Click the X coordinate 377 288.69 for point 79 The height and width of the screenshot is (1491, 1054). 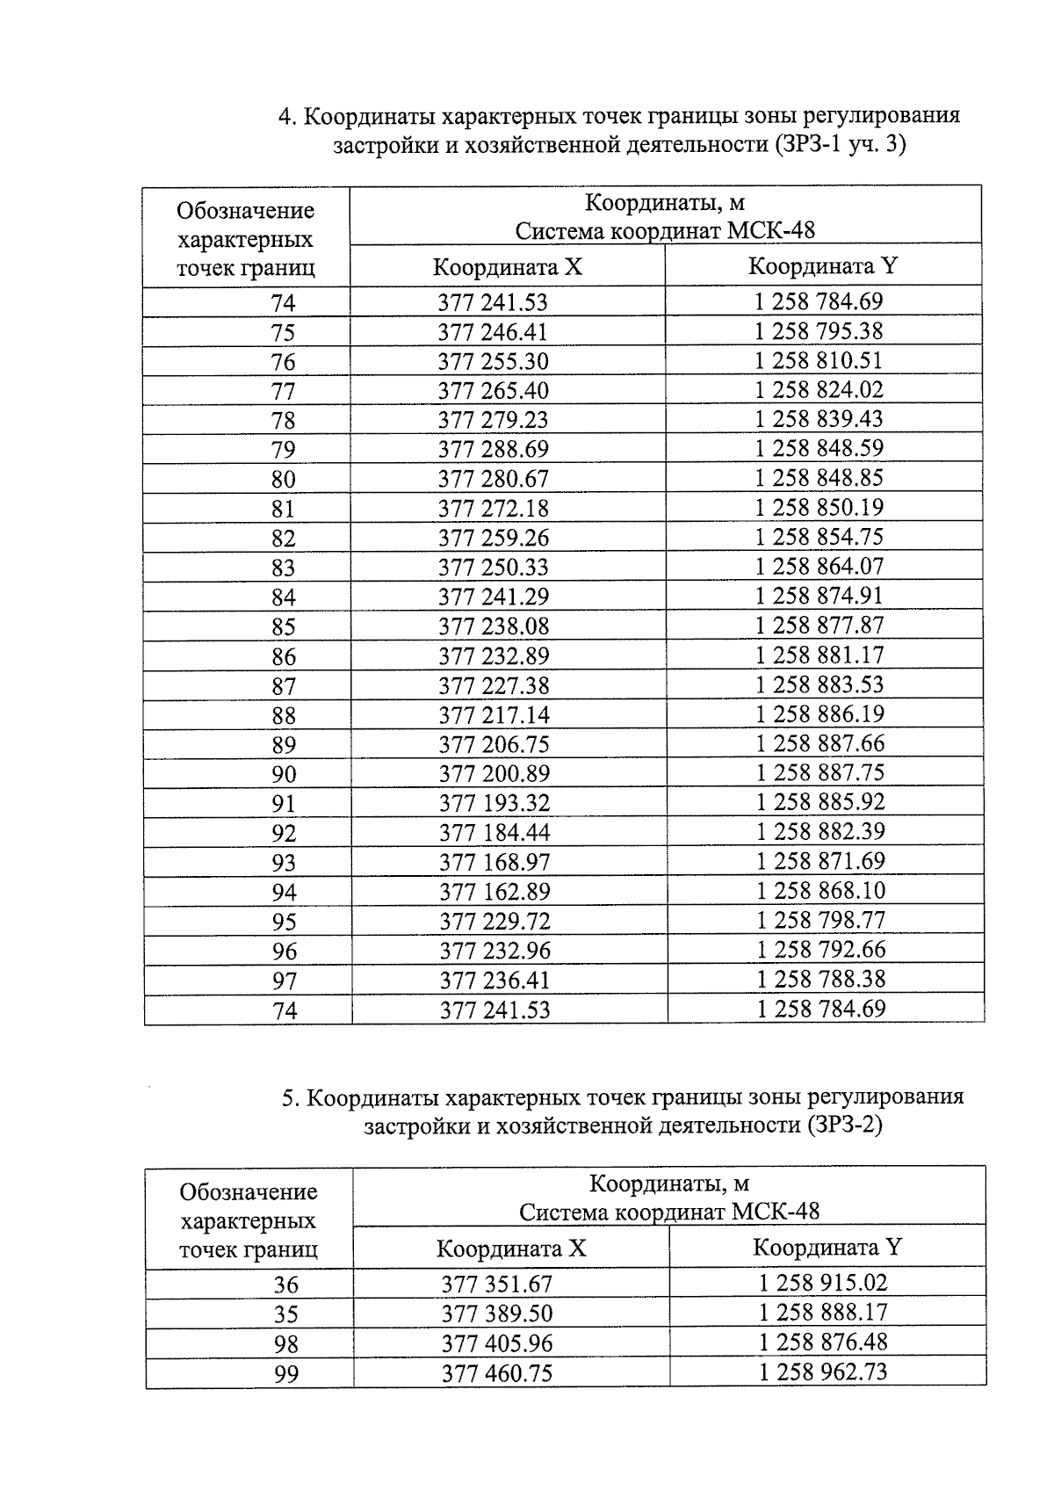493,449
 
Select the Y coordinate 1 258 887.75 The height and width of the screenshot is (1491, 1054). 820,772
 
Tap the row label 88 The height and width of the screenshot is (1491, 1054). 283,715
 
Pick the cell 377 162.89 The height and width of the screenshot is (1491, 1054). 494,892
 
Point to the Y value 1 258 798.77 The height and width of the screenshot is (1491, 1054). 820,920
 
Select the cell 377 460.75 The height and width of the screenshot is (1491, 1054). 497,1373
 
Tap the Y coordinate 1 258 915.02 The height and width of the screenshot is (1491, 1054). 823,1283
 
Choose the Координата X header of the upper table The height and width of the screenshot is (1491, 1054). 507,267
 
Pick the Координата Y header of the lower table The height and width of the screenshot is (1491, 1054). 827,1248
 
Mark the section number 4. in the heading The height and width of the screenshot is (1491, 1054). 286,116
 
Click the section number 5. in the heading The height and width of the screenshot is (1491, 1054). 291,1097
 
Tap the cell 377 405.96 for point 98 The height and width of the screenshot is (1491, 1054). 497,1343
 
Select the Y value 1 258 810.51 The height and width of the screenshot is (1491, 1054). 819,360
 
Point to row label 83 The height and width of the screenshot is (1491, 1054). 283,568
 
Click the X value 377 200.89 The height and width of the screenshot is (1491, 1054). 494,773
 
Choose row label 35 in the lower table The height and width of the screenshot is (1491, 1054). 286,1314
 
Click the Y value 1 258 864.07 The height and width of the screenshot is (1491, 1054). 819,566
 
